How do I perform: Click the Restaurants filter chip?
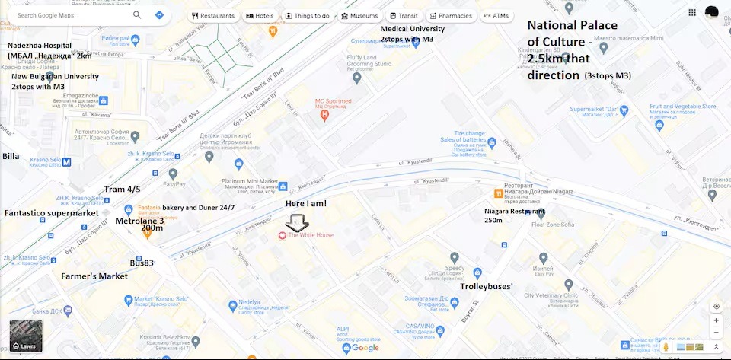[x=213, y=15]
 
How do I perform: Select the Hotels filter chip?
[x=260, y=15]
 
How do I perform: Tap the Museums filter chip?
[x=359, y=15]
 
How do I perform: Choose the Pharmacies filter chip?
[x=451, y=15]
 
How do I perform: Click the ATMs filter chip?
[x=496, y=15]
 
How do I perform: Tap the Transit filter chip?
[x=404, y=15]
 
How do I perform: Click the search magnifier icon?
[x=137, y=14]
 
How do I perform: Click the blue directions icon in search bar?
[x=160, y=14]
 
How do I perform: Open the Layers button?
[x=24, y=335]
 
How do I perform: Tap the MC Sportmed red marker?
[x=325, y=115]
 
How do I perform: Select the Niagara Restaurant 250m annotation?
[x=515, y=215]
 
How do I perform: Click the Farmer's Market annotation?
[x=94, y=276]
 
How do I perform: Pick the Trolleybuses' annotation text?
[x=487, y=286]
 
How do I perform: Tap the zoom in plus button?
[x=717, y=320]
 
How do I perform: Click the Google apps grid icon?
[x=692, y=12]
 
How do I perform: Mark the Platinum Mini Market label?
[x=249, y=181]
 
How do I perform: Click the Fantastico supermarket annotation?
[x=52, y=213]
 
